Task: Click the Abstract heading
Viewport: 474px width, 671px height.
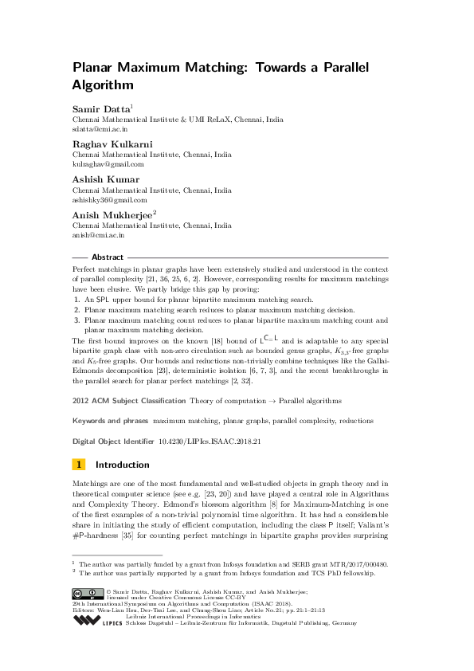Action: pyautogui.click(x=108, y=257)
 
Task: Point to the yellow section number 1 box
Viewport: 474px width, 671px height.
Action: pyautogui.click(x=79, y=465)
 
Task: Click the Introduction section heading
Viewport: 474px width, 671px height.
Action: pyautogui.click(x=122, y=465)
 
